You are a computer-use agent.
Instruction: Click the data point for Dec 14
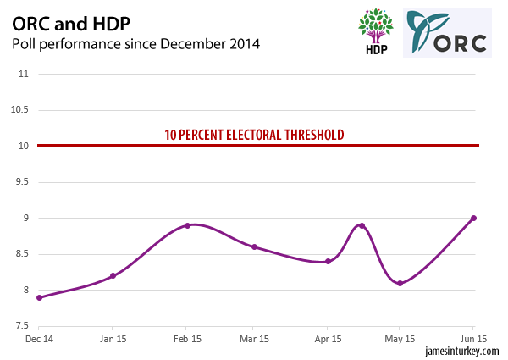pyautogui.click(x=40, y=297)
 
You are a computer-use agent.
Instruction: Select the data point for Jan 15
pyautogui.click(x=113, y=276)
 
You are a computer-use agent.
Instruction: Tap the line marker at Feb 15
pyautogui.click(x=187, y=225)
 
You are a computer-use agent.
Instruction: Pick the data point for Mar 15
pyautogui.click(x=254, y=247)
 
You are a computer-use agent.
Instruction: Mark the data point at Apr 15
pyautogui.click(x=328, y=262)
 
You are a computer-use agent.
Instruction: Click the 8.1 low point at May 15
pyautogui.click(x=400, y=283)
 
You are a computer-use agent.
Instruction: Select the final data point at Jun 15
pyautogui.click(x=473, y=218)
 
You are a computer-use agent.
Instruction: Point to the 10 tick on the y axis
pyautogui.click(x=23, y=146)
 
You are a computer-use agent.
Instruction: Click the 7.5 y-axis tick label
pyautogui.click(x=20, y=326)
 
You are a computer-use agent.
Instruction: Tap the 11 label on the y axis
pyautogui.click(x=23, y=74)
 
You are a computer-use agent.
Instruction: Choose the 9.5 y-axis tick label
pyautogui.click(x=20, y=182)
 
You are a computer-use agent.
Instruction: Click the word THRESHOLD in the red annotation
pyautogui.click(x=313, y=135)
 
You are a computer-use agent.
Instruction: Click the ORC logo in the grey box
pyautogui.click(x=446, y=33)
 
